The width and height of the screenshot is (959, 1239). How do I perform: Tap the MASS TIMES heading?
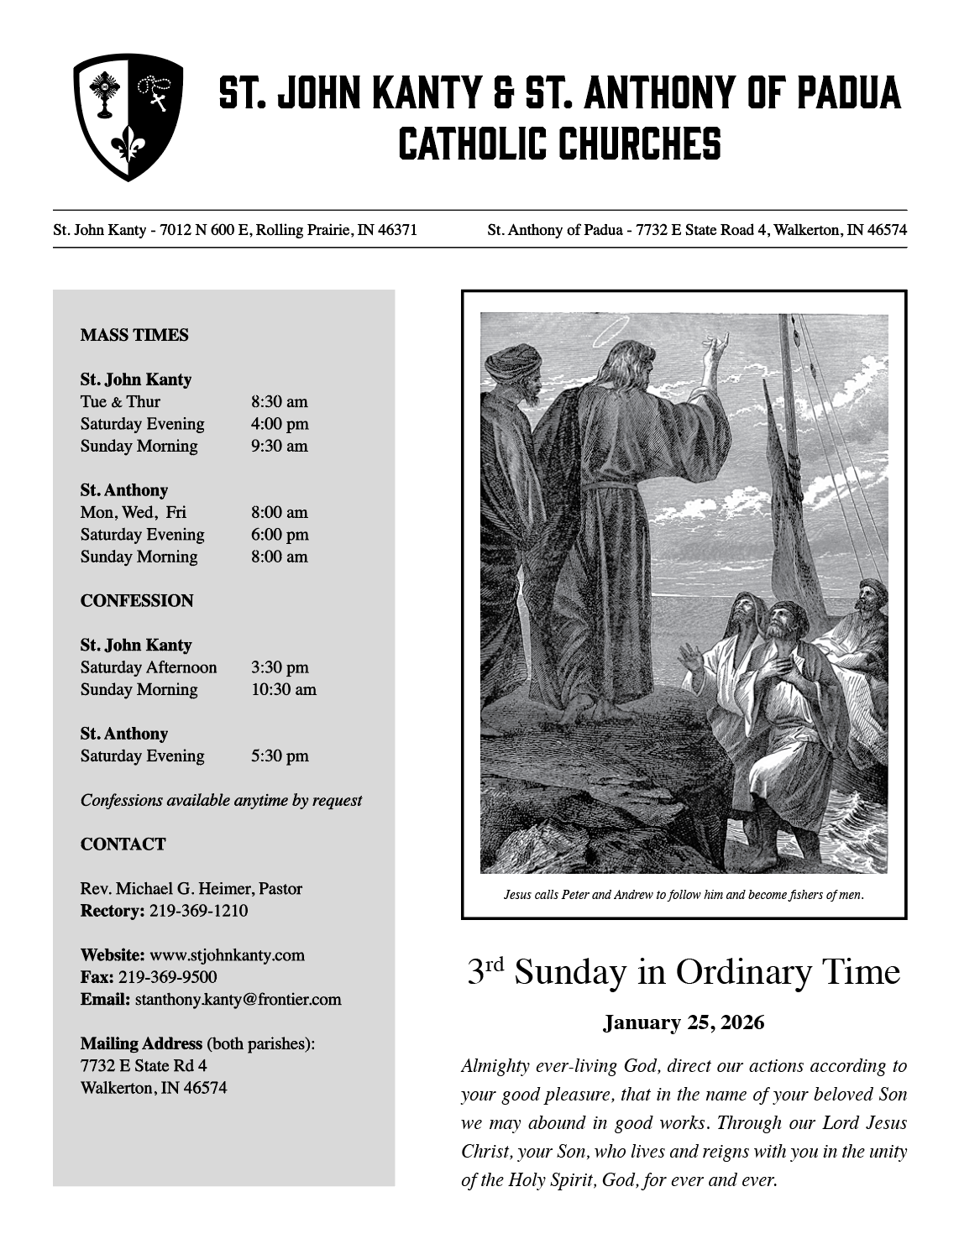pyautogui.click(x=134, y=335)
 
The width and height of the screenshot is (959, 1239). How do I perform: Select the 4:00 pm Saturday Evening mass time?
pyautogui.click(x=279, y=424)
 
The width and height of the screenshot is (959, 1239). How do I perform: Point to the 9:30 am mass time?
pyautogui.click(x=279, y=446)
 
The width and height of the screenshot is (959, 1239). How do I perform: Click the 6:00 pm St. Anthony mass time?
pyautogui.click(x=279, y=535)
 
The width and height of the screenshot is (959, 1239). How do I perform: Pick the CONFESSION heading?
pyautogui.click(x=137, y=601)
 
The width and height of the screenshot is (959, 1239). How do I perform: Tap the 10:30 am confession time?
pyautogui.click(x=283, y=690)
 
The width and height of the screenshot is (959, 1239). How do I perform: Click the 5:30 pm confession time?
pyautogui.click(x=279, y=756)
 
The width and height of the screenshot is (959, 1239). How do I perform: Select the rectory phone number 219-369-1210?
pyautogui.click(x=198, y=911)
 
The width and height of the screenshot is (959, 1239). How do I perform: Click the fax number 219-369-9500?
pyautogui.click(x=167, y=977)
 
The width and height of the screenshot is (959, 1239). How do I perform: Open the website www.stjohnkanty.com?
pyautogui.click(x=227, y=955)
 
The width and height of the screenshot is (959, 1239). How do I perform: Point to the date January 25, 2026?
pyautogui.click(x=684, y=1022)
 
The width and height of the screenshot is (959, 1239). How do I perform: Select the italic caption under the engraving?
pyautogui.click(x=684, y=895)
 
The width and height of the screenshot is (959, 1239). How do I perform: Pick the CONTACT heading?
pyautogui.click(x=123, y=844)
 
